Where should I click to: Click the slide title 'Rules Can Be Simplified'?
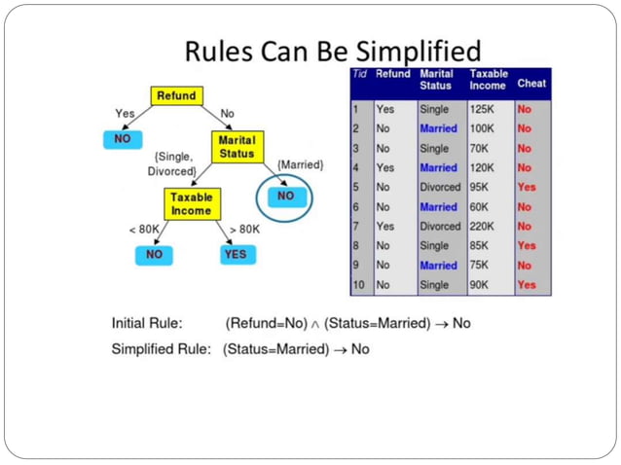(333, 51)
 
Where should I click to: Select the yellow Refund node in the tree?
(176, 96)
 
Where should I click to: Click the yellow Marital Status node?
(237, 147)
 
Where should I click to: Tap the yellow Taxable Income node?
(192, 203)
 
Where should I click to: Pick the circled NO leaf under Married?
(284, 197)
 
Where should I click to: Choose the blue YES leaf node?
(236, 254)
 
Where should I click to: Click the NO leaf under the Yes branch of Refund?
(123, 139)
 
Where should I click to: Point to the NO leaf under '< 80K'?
(154, 254)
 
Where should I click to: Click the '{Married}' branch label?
(299, 165)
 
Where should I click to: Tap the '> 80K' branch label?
(244, 230)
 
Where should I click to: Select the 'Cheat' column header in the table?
(531, 84)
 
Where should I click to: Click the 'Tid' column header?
(359, 74)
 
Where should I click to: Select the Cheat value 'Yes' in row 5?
(527, 187)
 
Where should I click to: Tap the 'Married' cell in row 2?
(438, 128)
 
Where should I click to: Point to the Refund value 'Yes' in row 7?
(385, 226)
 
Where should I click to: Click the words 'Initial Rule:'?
(147, 323)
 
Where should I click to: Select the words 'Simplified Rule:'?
(161, 349)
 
